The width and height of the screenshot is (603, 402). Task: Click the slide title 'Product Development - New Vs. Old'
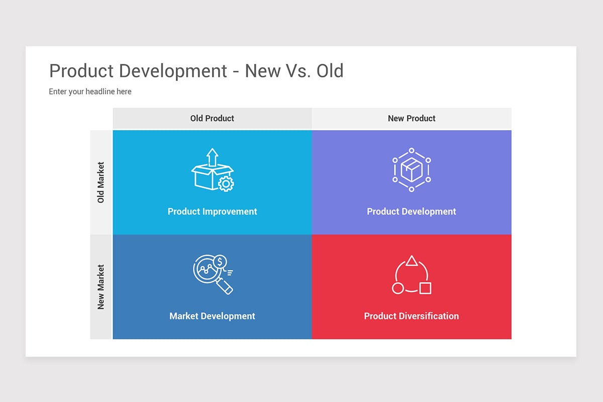tap(196, 71)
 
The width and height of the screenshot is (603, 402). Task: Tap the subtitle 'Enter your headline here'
tap(90, 91)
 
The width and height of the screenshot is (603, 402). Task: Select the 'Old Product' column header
tap(212, 119)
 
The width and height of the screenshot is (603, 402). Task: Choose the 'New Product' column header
tap(412, 119)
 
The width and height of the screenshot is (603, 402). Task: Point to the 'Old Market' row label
tap(101, 182)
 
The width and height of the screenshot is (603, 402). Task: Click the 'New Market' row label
tap(101, 287)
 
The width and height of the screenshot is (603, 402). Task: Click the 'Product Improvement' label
tap(212, 212)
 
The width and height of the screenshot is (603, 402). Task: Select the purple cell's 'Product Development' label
tap(411, 212)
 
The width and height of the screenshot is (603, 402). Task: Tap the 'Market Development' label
tap(212, 316)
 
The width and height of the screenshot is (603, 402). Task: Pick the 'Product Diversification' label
tap(411, 316)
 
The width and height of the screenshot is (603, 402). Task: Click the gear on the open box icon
tap(226, 184)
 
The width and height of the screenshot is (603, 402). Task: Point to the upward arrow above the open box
tap(213, 156)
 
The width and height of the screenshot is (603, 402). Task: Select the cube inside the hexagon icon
tap(412, 170)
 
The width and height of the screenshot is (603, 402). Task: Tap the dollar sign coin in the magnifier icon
tap(220, 261)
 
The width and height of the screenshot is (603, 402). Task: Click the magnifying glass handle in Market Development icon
tap(226, 287)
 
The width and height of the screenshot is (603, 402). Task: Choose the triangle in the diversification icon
tap(412, 261)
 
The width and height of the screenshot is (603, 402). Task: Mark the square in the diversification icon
tap(425, 288)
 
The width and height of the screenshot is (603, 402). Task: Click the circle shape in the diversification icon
tap(397, 288)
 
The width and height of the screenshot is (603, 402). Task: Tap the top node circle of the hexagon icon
tap(412, 150)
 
